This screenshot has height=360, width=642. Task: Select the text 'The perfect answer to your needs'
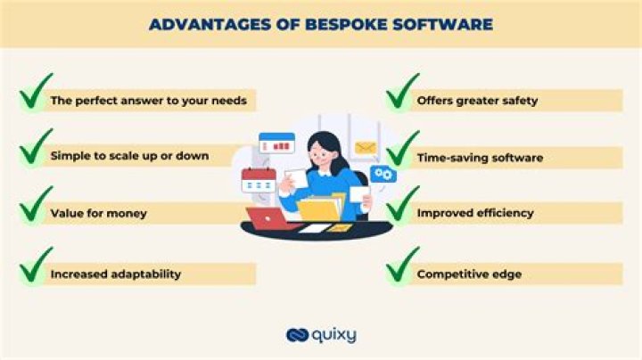(147, 101)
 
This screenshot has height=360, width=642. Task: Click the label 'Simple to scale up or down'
(130, 156)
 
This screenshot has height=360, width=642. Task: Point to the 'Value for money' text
(99, 213)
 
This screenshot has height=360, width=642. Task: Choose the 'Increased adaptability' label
(115, 274)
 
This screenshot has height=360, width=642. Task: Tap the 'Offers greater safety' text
(477, 101)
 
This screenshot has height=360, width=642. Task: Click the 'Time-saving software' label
(480, 158)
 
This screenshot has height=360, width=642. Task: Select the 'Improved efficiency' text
(475, 213)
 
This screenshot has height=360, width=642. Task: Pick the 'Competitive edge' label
(469, 274)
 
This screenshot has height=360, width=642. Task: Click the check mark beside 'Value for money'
(35, 207)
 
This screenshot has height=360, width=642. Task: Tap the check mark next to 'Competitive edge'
(402, 266)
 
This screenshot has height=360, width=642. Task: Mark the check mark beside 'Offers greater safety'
(402, 93)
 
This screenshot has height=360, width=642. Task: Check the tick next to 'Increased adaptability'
(35, 266)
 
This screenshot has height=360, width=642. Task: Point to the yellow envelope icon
(366, 148)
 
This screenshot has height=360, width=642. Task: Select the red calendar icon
(258, 181)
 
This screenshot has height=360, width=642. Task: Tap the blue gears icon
(383, 175)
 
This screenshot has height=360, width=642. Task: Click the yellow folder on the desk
(321, 209)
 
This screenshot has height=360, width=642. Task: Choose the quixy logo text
(335, 335)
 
